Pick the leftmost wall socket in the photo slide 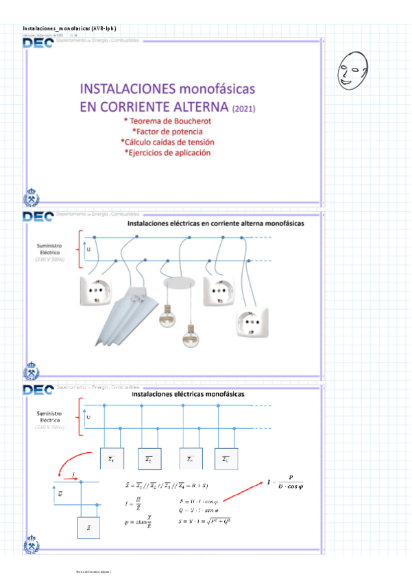(95, 290)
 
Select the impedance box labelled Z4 (226, 458)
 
